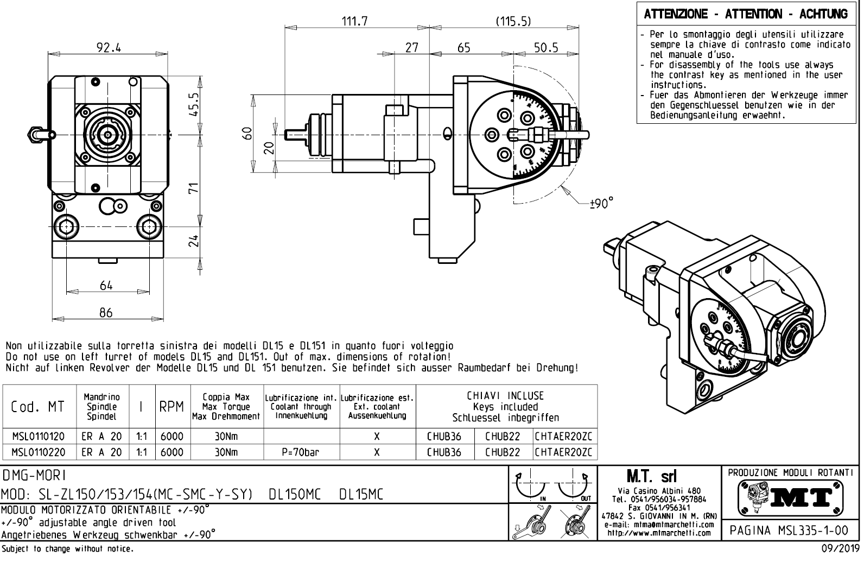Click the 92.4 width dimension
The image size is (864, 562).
pyautogui.click(x=109, y=48)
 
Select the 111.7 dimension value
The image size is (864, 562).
pyautogui.click(x=354, y=21)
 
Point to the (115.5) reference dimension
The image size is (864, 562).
pyautogui.click(x=513, y=21)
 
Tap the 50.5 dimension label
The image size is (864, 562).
pyautogui.click(x=545, y=48)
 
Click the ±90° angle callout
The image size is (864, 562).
pyautogui.click(x=602, y=204)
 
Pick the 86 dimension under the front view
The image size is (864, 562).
pyautogui.click(x=106, y=312)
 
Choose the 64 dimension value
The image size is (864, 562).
pyautogui.click(x=106, y=286)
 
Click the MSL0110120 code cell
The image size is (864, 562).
pyautogui.click(x=38, y=437)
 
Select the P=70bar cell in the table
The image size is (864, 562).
pyautogui.click(x=301, y=452)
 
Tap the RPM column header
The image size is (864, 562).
pyautogui.click(x=173, y=407)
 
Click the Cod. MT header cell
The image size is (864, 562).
pyautogui.click(x=37, y=407)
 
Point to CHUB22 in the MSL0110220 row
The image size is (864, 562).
pyautogui.click(x=502, y=452)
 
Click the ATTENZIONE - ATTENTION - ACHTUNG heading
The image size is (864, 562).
pyautogui.click(x=746, y=14)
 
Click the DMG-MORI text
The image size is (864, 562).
pyautogui.click(x=35, y=476)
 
